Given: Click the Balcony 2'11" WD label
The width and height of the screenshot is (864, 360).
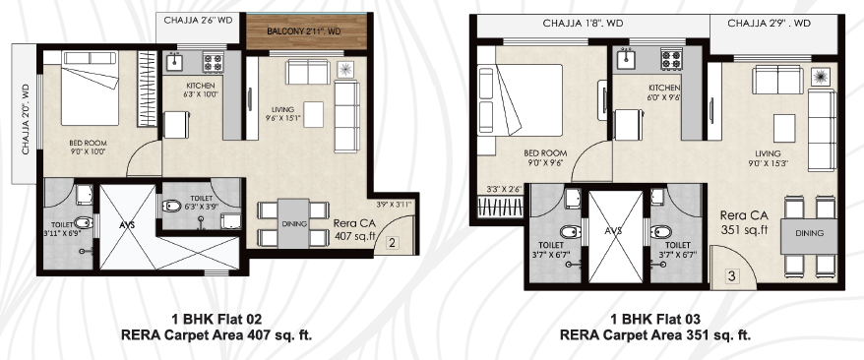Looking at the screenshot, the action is (x=304, y=31).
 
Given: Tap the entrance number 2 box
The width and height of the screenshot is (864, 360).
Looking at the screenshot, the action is (x=392, y=242).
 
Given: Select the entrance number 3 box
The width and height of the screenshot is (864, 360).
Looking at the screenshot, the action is (x=731, y=275).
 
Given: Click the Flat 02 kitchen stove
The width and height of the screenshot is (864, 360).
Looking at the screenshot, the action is (x=213, y=61).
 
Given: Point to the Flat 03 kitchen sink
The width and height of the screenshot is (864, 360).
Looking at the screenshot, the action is (x=627, y=59).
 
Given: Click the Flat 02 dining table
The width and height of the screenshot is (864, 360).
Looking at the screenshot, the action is (x=293, y=223).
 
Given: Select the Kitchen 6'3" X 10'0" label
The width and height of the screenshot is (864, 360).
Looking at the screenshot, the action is (x=200, y=90).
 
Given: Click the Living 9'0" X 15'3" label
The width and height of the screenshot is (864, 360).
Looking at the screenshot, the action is (x=768, y=158).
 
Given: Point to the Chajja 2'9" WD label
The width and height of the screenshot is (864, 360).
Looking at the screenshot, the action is (x=770, y=24).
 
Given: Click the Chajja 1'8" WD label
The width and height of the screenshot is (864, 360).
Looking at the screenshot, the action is (x=583, y=24).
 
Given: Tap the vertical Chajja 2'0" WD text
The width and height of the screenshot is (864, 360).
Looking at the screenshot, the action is (x=26, y=119).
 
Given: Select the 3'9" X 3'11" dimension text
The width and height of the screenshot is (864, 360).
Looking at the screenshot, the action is (x=394, y=205).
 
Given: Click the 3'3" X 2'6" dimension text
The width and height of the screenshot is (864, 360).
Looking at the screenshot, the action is (x=504, y=190).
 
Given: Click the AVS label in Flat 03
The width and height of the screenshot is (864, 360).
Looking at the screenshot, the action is (x=613, y=231).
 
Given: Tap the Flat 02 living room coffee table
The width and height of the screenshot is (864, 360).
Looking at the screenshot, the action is (x=314, y=114).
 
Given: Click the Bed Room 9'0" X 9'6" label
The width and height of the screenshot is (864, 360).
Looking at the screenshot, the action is (x=545, y=157).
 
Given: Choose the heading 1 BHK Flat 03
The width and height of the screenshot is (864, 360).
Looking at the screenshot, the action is (x=655, y=320).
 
